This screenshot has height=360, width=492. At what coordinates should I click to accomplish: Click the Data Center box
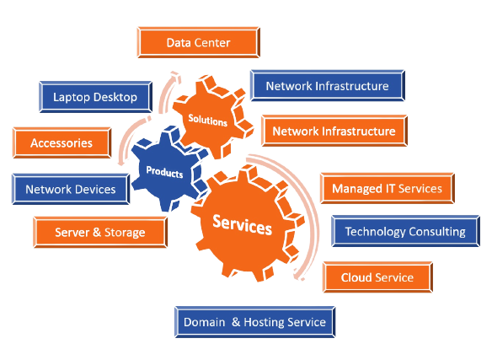pos(198,42)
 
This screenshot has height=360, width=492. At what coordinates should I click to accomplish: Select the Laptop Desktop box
pos(95,97)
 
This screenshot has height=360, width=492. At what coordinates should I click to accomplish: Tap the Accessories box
pos(61,143)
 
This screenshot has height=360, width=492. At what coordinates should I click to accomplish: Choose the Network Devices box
pos(71,189)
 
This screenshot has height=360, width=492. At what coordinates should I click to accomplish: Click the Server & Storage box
pos(100,232)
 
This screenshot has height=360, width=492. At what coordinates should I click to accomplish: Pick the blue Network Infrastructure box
pos(327,86)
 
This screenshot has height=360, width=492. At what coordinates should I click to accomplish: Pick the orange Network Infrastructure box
pos(334,131)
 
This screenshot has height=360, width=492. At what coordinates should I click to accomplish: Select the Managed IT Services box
pos(387,189)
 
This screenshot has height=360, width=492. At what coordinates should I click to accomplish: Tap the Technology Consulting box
pos(405,231)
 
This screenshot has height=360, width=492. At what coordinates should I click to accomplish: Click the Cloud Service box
pos(377,277)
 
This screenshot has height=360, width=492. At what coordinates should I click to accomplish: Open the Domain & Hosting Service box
pos(254,322)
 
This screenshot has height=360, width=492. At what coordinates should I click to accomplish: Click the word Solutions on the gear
pos(208,121)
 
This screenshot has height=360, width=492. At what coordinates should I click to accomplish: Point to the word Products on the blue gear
pos(165,172)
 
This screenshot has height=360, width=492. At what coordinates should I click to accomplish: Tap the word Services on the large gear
pos(243,225)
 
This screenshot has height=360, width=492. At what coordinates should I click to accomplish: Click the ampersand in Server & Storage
pos(97,232)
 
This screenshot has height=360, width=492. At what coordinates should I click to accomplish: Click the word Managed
pos(357,189)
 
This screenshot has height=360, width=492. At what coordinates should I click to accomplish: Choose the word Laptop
pos(72,98)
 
